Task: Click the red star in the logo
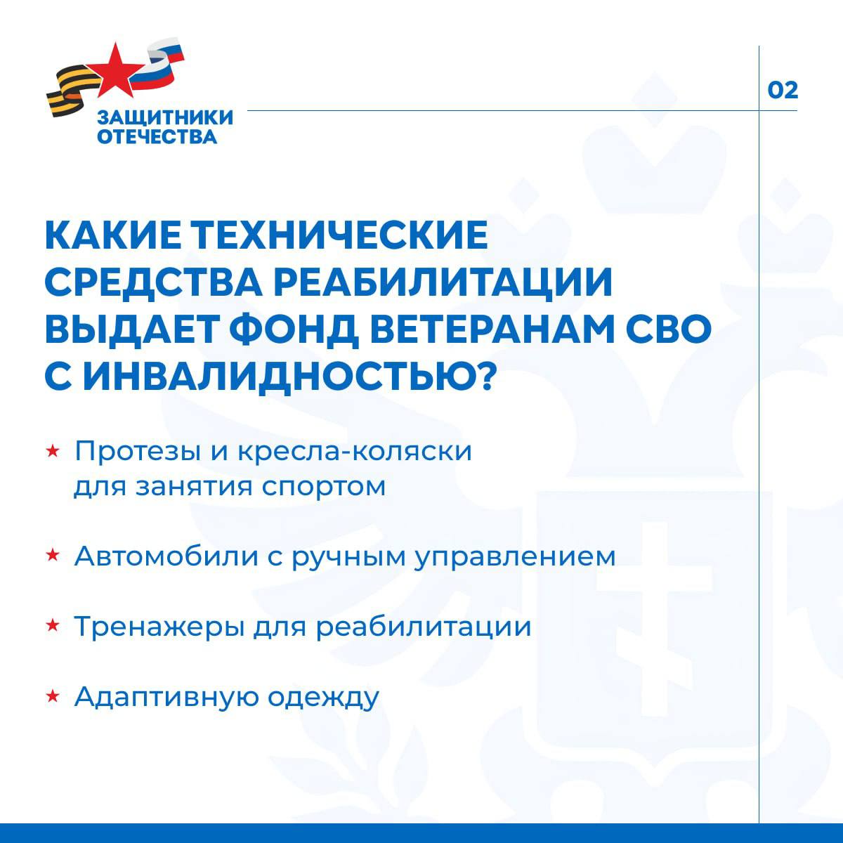[x=111, y=69]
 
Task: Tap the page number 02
[x=783, y=91]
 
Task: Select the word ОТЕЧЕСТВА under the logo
[x=157, y=136]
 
